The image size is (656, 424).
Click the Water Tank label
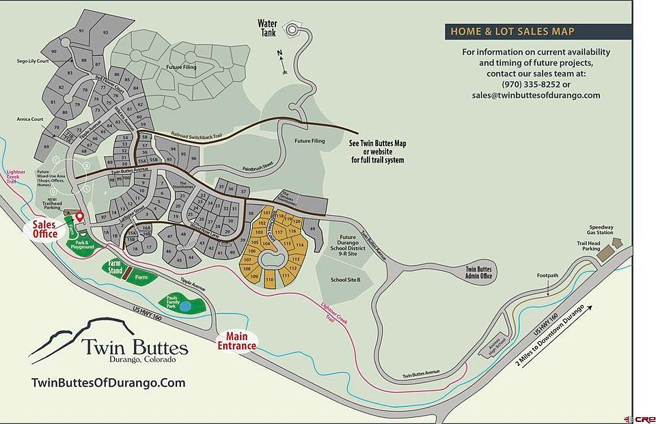(x=267, y=28)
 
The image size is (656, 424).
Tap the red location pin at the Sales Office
(x=79, y=216)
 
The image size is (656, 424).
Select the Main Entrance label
(x=236, y=341)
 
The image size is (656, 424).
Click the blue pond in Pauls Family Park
(x=187, y=306)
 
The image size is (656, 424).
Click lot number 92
(x=106, y=32)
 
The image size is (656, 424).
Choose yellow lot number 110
(x=269, y=280)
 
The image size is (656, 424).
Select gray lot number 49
(x=312, y=229)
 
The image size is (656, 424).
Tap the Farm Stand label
(x=114, y=267)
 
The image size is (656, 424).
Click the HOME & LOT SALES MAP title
(x=511, y=31)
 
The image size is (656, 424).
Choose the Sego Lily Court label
(x=35, y=61)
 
